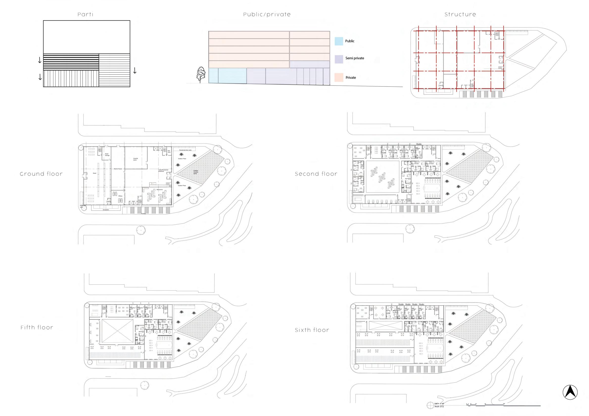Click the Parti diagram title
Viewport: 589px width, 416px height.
coord(85,15)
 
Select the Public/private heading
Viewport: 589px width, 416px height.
coord(267,15)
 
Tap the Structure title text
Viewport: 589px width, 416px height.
coord(460,15)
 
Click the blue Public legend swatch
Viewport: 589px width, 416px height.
coord(339,41)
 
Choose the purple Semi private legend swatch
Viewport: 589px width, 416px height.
coord(339,59)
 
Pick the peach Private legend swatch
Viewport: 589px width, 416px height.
coord(339,78)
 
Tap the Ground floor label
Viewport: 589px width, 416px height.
coord(41,174)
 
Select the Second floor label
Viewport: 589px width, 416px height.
coord(316,174)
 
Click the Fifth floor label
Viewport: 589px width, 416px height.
coord(37,328)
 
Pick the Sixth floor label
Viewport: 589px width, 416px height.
coord(312,330)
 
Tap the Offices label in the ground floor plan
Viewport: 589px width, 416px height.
coord(120,196)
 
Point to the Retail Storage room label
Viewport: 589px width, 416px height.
coord(107,154)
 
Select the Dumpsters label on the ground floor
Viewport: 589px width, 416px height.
coord(106,209)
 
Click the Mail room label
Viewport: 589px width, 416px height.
coord(169,152)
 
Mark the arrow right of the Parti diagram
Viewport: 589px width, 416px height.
coord(135,70)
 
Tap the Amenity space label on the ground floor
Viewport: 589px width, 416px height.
coord(136,159)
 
